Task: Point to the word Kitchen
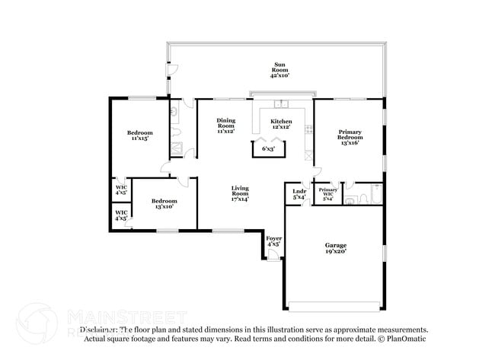(x=281, y=121)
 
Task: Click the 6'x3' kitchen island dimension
(x=269, y=148)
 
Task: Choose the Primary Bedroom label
(x=350, y=135)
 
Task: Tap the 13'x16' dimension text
(x=350, y=143)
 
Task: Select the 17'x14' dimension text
(x=241, y=199)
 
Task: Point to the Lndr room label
(x=299, y=191)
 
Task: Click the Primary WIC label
(x=328, y=192)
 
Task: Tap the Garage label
(x=336, y=245)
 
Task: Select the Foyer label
(x=273, y=239)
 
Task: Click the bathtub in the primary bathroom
(x=372, y=196)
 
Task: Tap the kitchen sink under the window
(x=281, y=104)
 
